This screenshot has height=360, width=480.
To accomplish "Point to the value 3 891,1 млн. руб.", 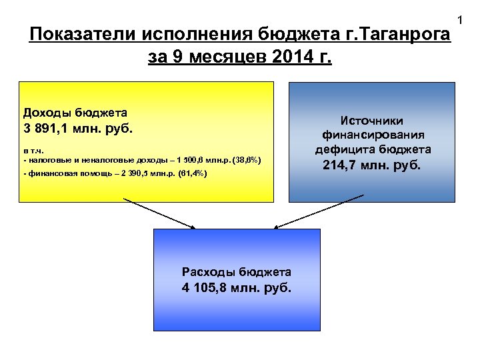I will click(x=78, y=127).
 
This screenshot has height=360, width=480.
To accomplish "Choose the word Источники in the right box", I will click(x=372, y=121).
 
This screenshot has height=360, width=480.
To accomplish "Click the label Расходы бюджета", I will click(x=237, y=272).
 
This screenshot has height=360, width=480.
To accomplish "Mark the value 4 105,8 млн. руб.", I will click(x=237, y=288).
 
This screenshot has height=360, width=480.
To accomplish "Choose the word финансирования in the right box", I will click(x=372, y=135).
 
